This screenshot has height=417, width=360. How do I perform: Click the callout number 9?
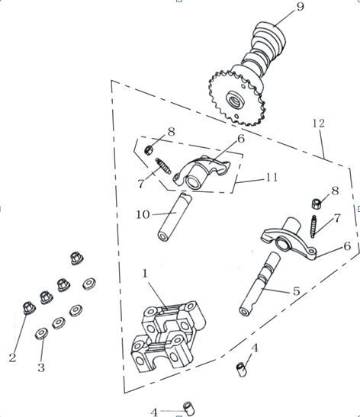pos(301,6)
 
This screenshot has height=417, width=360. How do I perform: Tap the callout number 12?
pos(319,123)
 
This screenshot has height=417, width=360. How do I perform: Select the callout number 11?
pos(272,178)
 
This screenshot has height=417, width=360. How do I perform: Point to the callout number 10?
pos(143,214)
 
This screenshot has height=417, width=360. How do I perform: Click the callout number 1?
pos(145,273)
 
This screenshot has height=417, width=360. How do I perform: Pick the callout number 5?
pos(296,291)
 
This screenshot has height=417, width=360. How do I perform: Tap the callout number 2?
pos(12,358)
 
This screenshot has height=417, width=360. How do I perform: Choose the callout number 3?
pos(40,367)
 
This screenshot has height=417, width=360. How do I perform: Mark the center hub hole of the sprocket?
pos(235,99)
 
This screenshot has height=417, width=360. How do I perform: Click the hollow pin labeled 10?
pos(173,217)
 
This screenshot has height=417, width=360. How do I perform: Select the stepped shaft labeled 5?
pos(259,284)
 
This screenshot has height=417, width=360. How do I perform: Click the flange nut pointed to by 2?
pos(29,308)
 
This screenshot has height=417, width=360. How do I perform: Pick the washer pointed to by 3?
pos(42,333)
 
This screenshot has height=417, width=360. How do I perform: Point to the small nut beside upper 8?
pos(149,149)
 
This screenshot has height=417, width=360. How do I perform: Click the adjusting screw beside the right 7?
pos(313,226)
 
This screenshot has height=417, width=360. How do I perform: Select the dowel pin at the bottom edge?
pos(188,409)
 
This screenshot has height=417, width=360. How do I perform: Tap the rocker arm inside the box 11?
pos(201,172)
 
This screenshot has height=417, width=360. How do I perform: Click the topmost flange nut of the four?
pos(77,258)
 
